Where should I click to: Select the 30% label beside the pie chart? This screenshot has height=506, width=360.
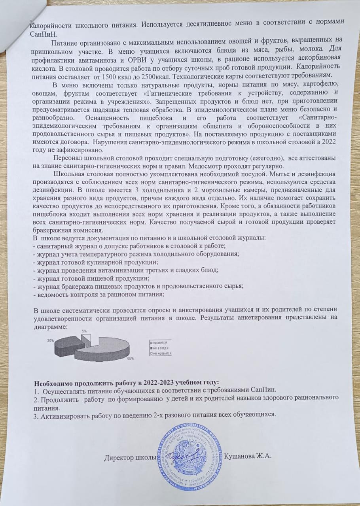pyautogui.click(x=50, y=340)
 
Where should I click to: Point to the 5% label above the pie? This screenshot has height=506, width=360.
pyautogui.click(x=85, y=331)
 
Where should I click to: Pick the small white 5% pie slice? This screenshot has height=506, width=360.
pyautogui.click(x=87, y=338)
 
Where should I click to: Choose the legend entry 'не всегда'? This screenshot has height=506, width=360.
pyautogui.click(x=160, y=347)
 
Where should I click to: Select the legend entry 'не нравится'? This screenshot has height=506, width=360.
pyautogui.click(x=161, y=353)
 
